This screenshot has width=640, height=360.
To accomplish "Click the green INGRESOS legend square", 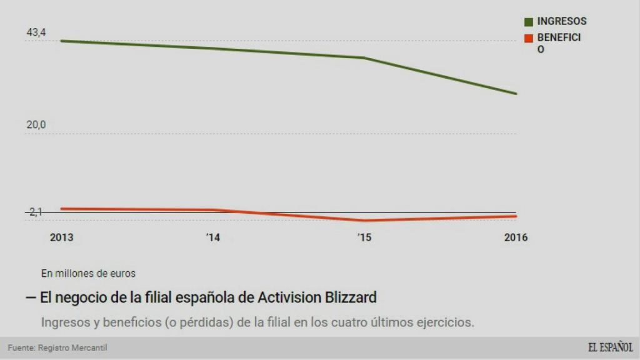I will click(528, 22).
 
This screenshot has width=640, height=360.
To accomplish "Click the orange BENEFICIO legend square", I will click(528, 38).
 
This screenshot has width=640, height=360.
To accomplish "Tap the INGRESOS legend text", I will click(562, 21).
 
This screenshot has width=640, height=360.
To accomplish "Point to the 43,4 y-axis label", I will click(36, 32).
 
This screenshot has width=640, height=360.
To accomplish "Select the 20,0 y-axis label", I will click(36, 124).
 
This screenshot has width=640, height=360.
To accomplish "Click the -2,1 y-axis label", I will click(35, 212).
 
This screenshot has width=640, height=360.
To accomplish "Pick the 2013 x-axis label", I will click(61, 238).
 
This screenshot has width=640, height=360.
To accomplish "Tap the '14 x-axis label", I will click(213, 238).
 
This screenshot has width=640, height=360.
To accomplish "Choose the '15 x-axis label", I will click(364, 238).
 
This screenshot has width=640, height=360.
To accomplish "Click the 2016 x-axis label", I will click(516, 238).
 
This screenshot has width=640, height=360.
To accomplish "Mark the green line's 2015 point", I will click(364, 58).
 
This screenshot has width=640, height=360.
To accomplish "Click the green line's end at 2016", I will click(516, 94).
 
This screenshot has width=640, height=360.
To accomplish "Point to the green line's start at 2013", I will click(61, 41).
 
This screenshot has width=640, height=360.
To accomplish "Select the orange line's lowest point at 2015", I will click(364, 221).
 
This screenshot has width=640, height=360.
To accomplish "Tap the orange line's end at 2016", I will click(516, 216).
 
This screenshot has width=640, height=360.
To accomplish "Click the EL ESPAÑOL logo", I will click(610, 347).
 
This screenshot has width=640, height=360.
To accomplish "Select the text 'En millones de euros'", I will click(88, 273).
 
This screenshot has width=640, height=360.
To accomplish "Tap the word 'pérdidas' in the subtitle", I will click(211, 322).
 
